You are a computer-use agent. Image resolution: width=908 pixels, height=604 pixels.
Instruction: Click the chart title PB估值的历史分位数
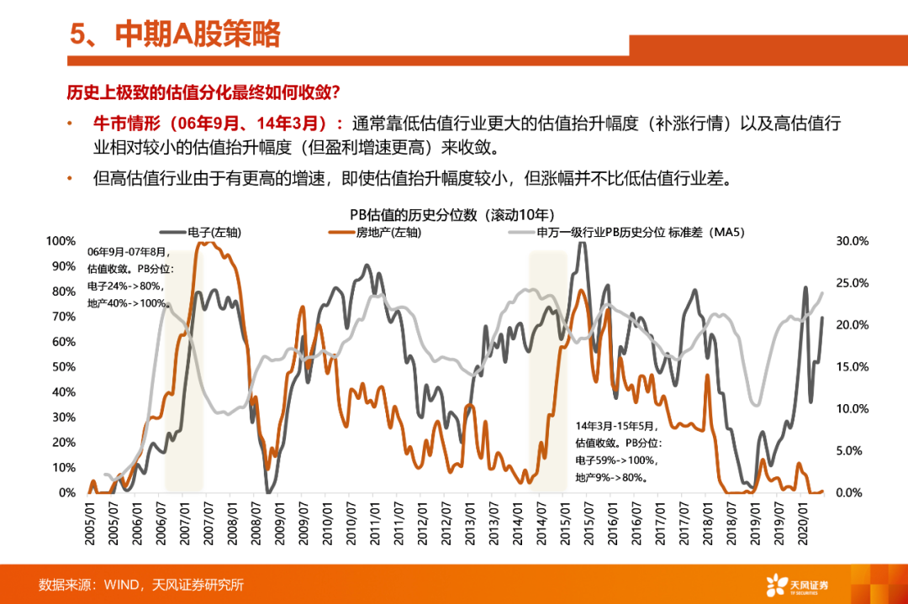pyautogui.click(x=446, y=215)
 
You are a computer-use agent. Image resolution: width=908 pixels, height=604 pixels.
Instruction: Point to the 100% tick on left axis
pyautogui.click(x=60, y=241)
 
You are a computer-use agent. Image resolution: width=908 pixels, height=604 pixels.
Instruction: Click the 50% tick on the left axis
pyautogui.click(x=62, y=367)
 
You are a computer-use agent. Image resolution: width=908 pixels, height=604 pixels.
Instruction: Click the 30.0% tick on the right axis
pyautogui.click(x=851, y=241)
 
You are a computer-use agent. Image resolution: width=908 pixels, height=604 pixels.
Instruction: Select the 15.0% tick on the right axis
pyautogui.click(x=851, y=367)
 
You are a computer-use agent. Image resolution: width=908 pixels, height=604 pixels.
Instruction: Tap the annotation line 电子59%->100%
pyautogui.click(x=616, y=460)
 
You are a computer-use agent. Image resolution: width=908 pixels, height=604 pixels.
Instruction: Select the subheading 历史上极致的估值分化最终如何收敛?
pyautogui.click(x=203, y=91)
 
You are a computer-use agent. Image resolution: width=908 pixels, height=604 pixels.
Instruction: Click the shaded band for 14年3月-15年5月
pyautogui.click(x=546, y=370)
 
